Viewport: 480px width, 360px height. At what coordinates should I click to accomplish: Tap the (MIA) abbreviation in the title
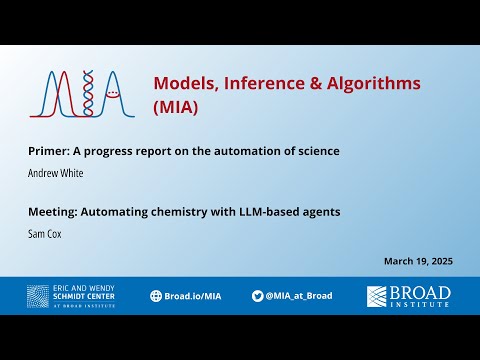point(175,105)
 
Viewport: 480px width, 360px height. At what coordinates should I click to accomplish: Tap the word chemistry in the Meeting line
point(185,211)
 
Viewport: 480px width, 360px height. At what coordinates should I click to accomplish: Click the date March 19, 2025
point(418,261)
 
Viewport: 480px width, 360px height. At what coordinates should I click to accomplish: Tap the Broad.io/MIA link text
point(192,296)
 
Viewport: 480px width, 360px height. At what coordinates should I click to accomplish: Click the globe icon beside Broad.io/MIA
point(156,296)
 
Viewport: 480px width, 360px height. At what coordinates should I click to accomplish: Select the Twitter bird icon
point(258,296)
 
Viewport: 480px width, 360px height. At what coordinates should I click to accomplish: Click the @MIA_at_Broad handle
point(300,296)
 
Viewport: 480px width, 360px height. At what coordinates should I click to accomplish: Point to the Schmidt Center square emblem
point(39,296)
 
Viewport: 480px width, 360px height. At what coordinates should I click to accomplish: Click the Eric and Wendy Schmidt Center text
point(85,296)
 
